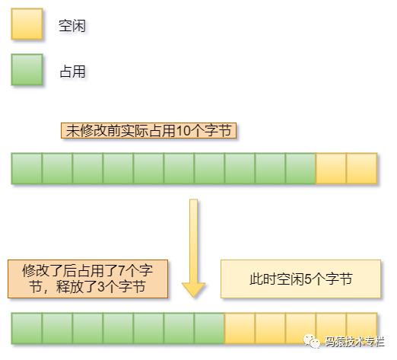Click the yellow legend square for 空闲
pyautogui.click(x=27, y=24)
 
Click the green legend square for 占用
pyautogui.click(x=27, y=70)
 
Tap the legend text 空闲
pyautogui.click(x=72, y=26)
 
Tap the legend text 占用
pyautogui.click(x=72, y=72)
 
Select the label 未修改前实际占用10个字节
pyautogui.click(x=148, y=131)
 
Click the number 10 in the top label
pyautogui.click(x=183, y=131)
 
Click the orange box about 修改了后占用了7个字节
pyautogui.click(x=88, y=279)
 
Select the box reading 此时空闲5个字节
pyautogui.click(x=301, y=279)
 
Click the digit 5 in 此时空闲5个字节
pyautogui.click(x=308, y=279)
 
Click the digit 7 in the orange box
pyautogui.click(x=122, y=271)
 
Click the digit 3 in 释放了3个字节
pyautogui.click(x=101, y=287)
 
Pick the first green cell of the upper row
pyautogui.click(x=27, y=169)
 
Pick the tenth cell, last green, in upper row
pyautogui.click(x=300, y=169)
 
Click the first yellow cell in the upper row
pyautogui.click(x=331, y=169)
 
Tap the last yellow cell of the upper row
pyautogui.click(x=362, y=169)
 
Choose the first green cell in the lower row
pyautogui.click(x=27, y=329)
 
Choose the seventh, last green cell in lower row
pyautogui.click(x=209, y=329)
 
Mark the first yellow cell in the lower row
pyautogui.click(x=240, y=329)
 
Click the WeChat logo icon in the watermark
pyautogui.click(x=312, y=342)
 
